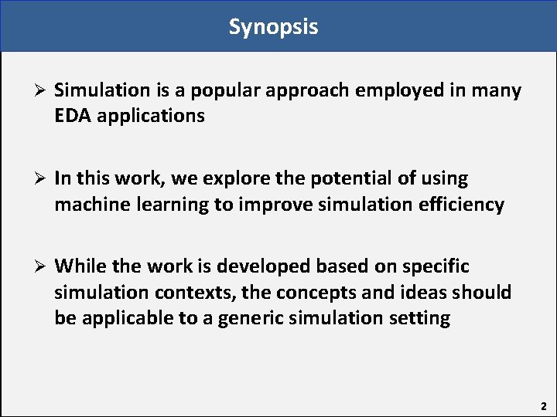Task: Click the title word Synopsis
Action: point(273,27)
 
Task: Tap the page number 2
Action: point(543,405)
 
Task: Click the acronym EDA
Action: point(73,117)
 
